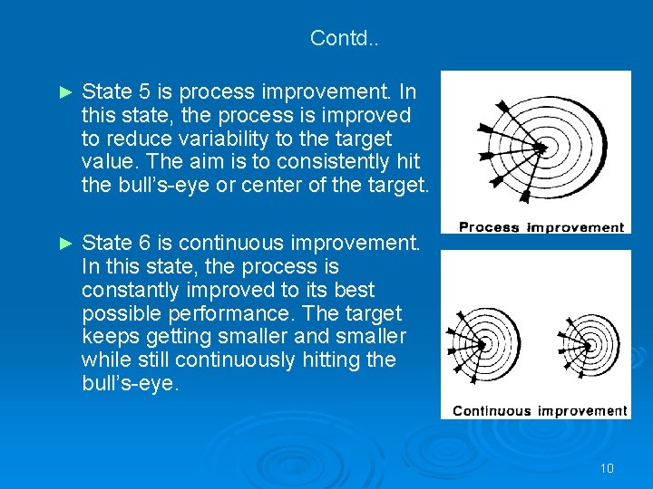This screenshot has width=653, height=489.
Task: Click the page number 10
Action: point(607,468)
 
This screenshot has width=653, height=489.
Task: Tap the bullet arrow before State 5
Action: point(63,92)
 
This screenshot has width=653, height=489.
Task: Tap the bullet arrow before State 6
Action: point(63,243)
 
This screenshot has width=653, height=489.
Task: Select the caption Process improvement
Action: point(541,227)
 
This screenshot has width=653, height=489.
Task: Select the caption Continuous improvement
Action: point(540,411)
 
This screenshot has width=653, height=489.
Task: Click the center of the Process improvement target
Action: point(541,147)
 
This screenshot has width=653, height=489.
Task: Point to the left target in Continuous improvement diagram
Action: point(491,343)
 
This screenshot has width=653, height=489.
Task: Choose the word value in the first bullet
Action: point(107,163)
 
